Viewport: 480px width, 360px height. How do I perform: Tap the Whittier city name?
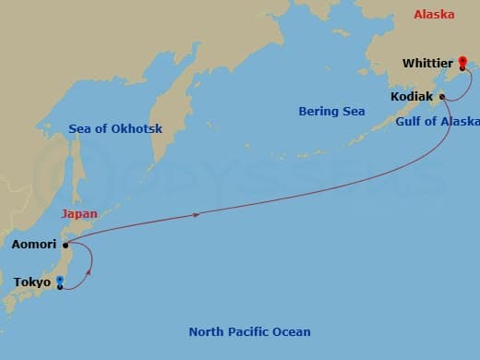428,64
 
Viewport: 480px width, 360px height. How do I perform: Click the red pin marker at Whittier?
462,62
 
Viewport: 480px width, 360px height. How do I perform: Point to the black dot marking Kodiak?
443,96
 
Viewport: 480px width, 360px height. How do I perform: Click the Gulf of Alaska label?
438,121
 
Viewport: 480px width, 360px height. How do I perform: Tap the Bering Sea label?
331,112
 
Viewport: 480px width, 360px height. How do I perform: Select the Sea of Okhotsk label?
115,129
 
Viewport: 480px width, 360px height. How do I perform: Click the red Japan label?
78,213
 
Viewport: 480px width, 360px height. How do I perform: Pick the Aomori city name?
33,246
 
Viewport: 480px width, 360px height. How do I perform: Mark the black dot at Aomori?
65,245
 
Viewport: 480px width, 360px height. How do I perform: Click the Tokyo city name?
32,282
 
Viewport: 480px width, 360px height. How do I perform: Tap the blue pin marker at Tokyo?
60,282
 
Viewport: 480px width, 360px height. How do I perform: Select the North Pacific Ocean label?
249,331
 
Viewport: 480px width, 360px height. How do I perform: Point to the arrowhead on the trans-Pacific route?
197,214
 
